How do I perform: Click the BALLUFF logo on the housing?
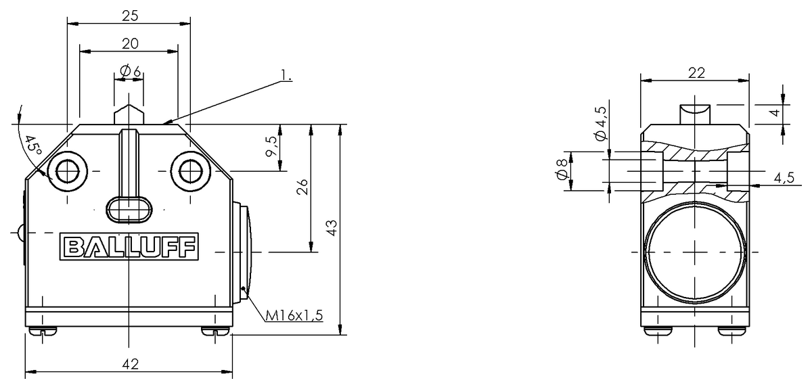[x=131, y=247]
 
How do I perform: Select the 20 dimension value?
[x=130, y=43]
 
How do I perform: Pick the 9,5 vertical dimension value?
[x=271, y=147]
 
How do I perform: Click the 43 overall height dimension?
[x=331, y=228]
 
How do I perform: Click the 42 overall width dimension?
[x=130, y=364]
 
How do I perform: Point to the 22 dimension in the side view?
[x=695, y=73]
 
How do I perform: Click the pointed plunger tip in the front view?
[x=129, y=112]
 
